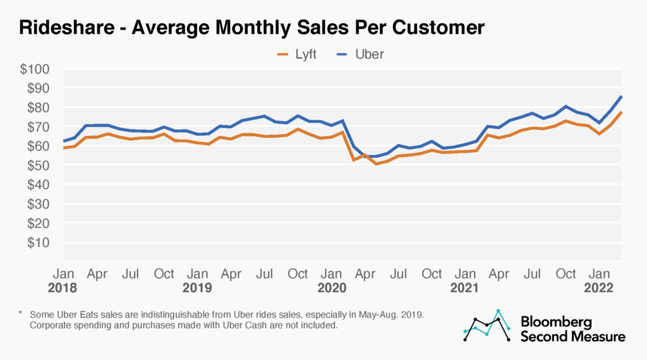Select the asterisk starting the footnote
pyautogui.click(x=21, y=314)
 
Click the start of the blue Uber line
pyautogui.click(x=63, y=141)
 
